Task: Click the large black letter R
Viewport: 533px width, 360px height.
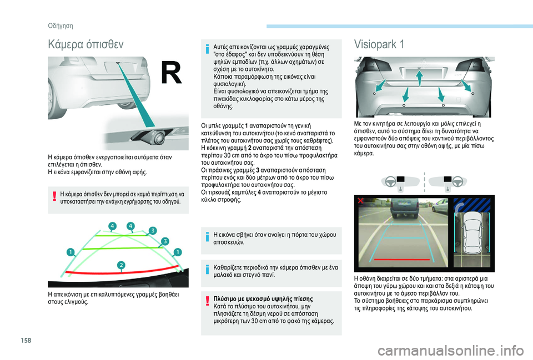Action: pos(172,72)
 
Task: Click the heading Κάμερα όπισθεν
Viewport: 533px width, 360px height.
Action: pos(86,44)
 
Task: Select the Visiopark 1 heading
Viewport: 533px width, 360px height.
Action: pos(379,44)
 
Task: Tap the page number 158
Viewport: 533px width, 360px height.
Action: pos(26,340)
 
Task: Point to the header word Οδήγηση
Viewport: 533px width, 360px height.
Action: pos(61,26)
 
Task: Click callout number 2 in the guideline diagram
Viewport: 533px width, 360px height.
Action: pos(121,265)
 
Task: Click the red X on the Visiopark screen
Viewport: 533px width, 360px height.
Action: pos(360,201)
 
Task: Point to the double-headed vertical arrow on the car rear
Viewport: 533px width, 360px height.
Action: pos(420,78)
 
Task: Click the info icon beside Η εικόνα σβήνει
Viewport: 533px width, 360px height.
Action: pos(207,236)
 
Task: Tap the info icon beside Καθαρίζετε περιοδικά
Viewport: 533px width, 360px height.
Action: pos(207,270)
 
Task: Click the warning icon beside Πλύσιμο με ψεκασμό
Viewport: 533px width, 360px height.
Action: pos(207,301)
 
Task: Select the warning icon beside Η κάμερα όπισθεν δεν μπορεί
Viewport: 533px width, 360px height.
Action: pos(54,196)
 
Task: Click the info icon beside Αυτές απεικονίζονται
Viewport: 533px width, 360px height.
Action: pos(207,49)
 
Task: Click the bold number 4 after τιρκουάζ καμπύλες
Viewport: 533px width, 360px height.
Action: pos(259,192)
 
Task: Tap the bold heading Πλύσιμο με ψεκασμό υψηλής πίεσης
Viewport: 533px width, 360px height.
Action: pos(263,299)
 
